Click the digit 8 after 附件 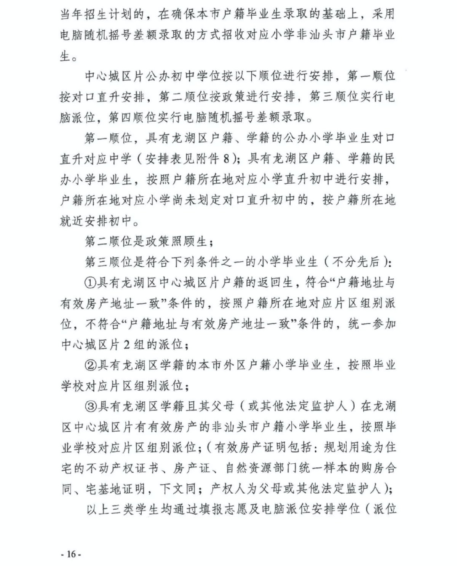[x=227, y=159]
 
